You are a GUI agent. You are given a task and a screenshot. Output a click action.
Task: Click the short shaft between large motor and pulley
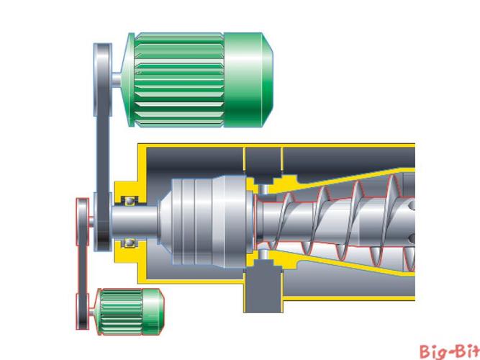[121, 75]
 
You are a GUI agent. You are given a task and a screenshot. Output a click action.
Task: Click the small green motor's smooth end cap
[154, 311]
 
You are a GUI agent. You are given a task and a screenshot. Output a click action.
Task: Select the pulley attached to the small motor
[84, 312]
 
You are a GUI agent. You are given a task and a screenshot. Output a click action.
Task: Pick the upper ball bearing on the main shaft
[130, 199]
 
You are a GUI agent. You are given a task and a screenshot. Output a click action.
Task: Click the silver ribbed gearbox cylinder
[209, 220]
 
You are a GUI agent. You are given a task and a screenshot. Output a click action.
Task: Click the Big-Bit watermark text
[449, 351]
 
